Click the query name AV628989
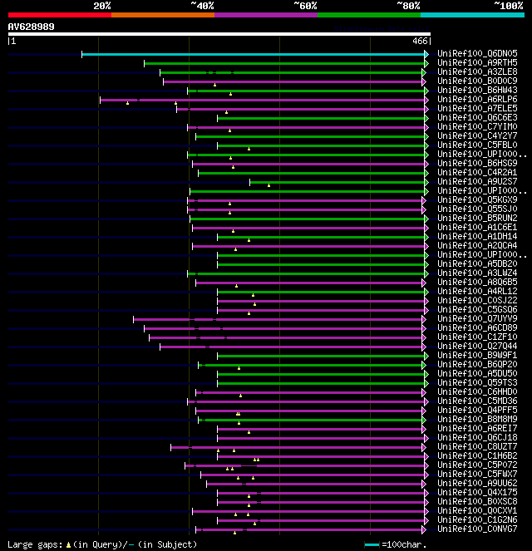pos(32,27)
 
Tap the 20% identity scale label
pos(101,6)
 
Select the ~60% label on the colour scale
pos(305,6)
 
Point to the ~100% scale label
pos(508,6)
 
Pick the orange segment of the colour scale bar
pos(162,15)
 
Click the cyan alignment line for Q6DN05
pos(249,54)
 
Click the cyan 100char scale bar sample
pos(372,544)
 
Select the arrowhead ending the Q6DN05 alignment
pos(426,54)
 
